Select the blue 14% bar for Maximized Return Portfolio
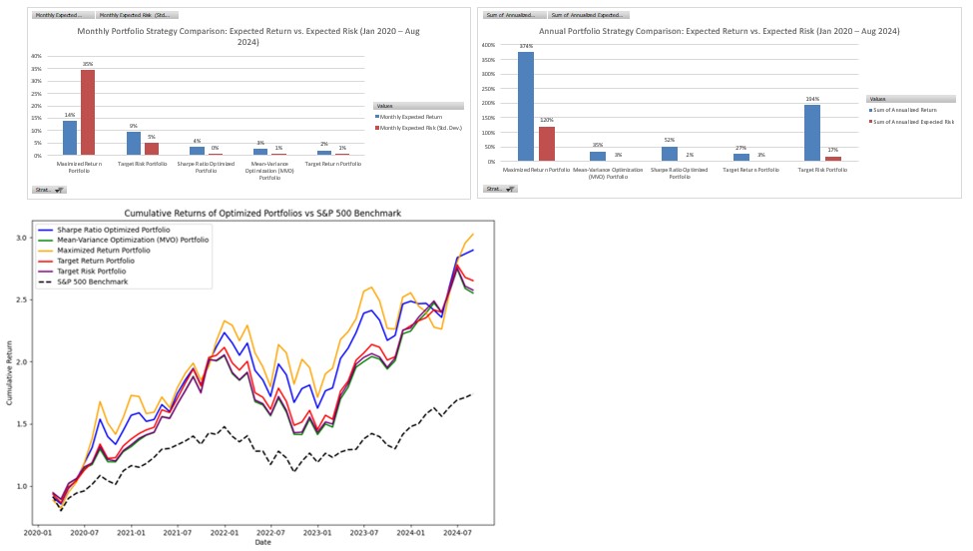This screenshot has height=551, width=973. [70, 138]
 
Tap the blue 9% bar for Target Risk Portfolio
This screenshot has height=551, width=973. [134, 144]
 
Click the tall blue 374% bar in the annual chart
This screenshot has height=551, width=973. [526, 107]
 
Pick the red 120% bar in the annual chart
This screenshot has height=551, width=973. [546, 144]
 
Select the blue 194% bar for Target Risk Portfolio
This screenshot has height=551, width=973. [812, 133]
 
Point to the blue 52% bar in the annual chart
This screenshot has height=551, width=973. [670, 154]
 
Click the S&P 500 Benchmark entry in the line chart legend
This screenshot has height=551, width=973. [87, 282]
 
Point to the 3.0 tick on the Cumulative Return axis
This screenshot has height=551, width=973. [20, 238]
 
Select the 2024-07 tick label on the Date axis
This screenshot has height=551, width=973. [456, 534]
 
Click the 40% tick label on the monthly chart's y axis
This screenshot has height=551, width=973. [36, 56]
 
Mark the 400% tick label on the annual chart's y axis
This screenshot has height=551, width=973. [488, 45]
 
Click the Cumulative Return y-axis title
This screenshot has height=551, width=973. [9, 376]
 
